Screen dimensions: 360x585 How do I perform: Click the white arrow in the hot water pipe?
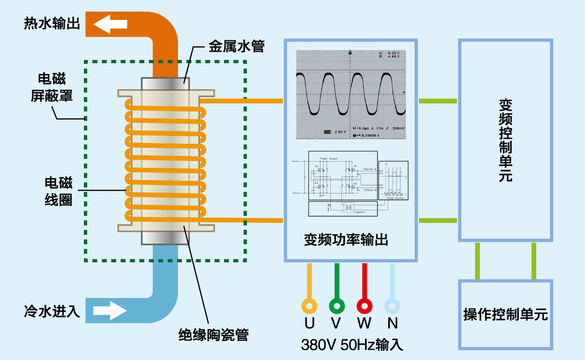click(110, 24)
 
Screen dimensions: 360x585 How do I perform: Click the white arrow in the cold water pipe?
click(110, 310)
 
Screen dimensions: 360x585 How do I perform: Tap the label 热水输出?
click(52, 23)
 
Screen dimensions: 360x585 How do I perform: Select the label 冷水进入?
click(52, 311)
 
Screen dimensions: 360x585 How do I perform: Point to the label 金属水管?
click(237, 46)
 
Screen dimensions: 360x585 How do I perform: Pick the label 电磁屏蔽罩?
click(52, 87)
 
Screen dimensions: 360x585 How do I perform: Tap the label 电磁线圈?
click(58, 191)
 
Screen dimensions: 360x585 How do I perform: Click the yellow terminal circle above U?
click(309, 306)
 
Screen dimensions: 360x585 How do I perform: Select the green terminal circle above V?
click(337, 306)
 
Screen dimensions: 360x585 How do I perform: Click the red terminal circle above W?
click(364, 306)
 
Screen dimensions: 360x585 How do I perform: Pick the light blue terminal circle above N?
click(392, 306)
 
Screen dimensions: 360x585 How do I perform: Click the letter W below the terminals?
click(364, 324)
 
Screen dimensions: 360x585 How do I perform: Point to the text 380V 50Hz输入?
click(352, 345)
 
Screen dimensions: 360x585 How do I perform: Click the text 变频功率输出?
click(346, 240)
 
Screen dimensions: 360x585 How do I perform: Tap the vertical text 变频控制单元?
click(505, 140)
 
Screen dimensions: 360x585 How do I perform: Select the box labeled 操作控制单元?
click(505, 315)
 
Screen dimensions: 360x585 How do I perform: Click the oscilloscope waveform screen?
click(351, 94)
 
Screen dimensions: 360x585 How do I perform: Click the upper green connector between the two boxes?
click(438, 101)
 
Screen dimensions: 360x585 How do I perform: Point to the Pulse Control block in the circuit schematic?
click(394, 180)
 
